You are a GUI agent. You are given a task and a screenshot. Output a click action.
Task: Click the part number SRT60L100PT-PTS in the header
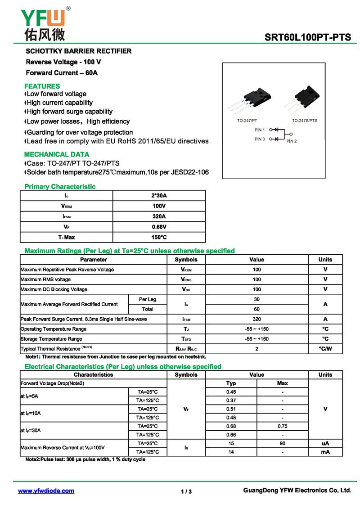point(307,38)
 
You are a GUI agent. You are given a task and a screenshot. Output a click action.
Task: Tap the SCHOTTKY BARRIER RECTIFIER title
point(79,51)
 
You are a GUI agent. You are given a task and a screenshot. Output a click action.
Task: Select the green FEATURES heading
point(42,86)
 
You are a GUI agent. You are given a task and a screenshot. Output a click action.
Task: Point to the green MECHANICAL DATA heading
point(57,154)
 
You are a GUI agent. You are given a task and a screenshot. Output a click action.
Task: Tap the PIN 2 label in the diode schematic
point(292,141)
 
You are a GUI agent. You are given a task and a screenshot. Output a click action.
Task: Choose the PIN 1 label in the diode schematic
point(260,130)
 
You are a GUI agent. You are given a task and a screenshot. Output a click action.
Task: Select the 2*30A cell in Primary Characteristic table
point(159,195)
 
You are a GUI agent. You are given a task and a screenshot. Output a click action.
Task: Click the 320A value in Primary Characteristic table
point(159,216)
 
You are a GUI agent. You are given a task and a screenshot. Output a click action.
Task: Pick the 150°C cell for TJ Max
point(159,237)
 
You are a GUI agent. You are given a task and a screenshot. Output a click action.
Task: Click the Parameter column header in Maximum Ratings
point(94,260)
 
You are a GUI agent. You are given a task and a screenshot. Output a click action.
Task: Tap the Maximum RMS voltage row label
point(45,279)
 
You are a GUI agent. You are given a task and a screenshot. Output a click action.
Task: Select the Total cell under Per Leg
point(147,309)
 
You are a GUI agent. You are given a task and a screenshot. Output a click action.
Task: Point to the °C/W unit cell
point(325,349)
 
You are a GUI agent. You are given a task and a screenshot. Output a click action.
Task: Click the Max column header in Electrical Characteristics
point(282,383)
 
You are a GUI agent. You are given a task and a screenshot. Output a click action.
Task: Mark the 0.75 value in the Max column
point(282,426)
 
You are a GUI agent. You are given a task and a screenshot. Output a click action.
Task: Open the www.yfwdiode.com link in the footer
point(46,491)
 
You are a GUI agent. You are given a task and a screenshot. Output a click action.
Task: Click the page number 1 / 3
point(186,491)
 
